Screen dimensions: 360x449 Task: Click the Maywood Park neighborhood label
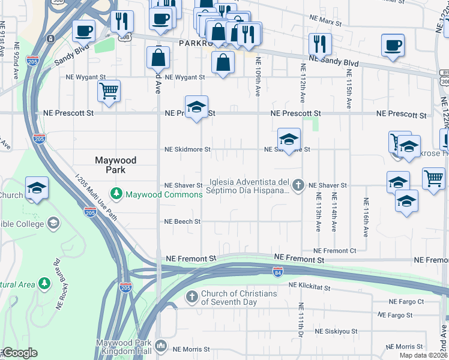point(116,165)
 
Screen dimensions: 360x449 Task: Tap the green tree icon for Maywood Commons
point(116,194)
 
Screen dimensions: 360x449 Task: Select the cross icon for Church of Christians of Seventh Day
point(191,296)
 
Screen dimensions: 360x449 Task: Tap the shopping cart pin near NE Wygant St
point(109,92)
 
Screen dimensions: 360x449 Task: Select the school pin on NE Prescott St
point(196,107)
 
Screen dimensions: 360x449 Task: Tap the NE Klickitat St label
point(309,287)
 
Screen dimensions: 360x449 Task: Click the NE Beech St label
point(182,221)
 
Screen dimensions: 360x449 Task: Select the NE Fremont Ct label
point(334,250)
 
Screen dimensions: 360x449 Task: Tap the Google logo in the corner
point(19,353)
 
